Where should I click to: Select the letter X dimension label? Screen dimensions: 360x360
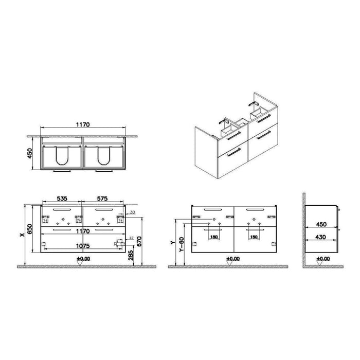(21, 235)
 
